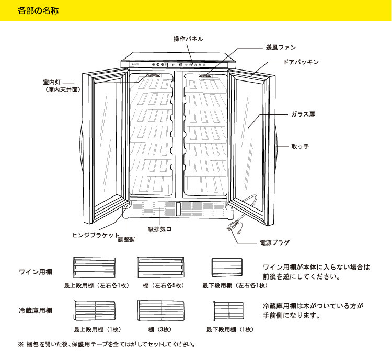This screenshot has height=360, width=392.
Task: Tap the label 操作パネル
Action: click(x=188, y=39)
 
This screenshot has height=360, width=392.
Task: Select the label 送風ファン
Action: click(x=281, y=47)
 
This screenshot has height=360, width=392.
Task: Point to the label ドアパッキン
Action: click(x=301, y=62)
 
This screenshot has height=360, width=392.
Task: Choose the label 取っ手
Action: click(x=300, y=147)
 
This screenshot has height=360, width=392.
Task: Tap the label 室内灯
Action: click(x=54, y=82)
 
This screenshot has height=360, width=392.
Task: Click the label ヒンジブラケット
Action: click(x=96, y=235)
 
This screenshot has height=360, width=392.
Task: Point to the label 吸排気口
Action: click(x=160, y=229)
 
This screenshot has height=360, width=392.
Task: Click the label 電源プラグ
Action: click(x=274, y=242)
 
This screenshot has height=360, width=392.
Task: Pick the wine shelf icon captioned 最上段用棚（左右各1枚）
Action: click(x=94, y=268)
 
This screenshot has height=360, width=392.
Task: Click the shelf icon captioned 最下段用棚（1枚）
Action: click(x=230, y=311)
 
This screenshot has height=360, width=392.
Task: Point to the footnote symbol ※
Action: click(x=21, y=344)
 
